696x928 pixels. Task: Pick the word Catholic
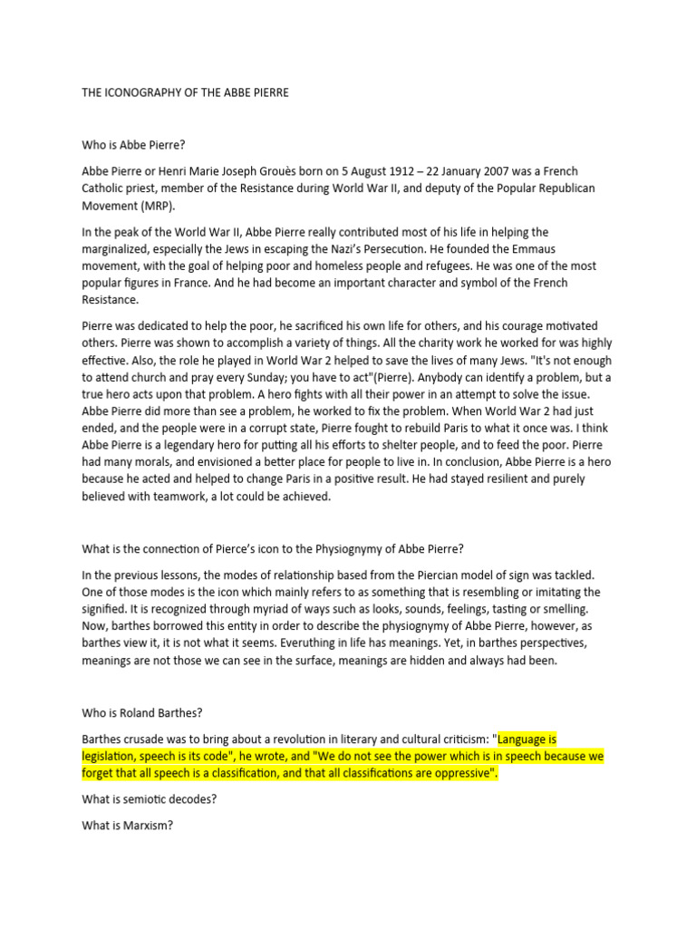click(106, 188)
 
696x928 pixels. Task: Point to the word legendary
click(221, 446)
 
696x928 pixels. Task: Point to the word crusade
click(157, 739)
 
